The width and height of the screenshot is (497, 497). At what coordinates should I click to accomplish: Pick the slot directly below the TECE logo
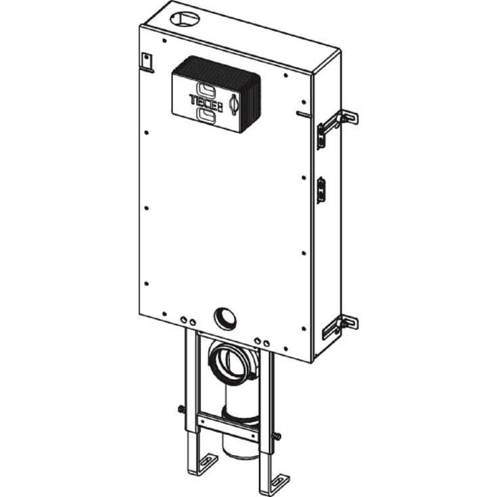(207, 116)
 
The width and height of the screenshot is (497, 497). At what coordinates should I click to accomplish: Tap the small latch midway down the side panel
(321, 189)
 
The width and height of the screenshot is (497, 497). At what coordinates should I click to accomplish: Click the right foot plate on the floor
(278, 483)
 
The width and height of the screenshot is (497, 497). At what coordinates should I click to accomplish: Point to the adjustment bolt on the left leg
(181, 408)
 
